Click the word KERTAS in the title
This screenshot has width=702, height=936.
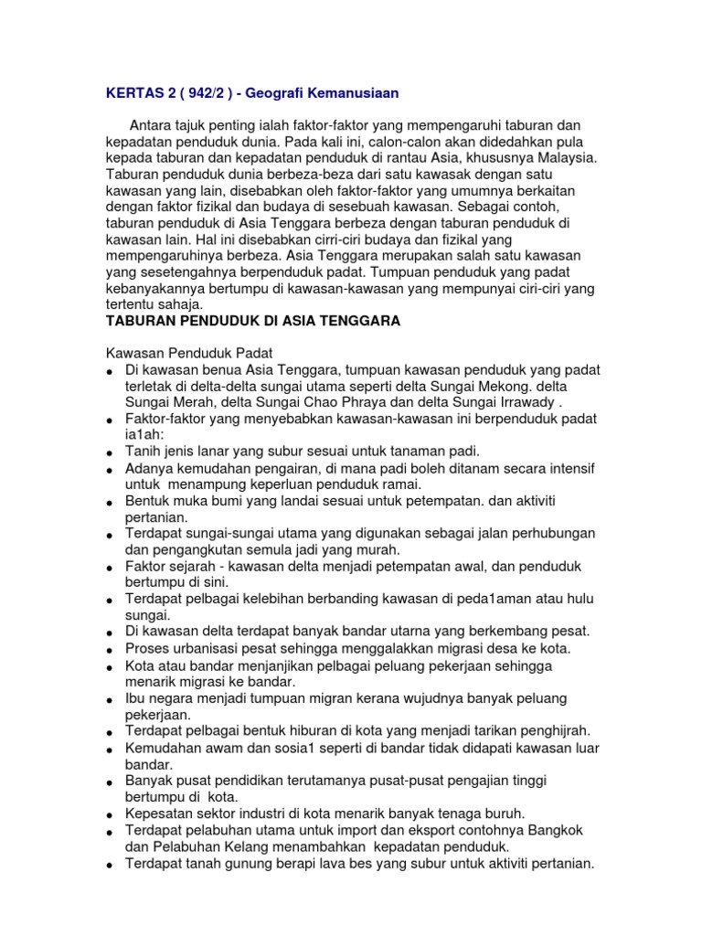coord(129,92)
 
